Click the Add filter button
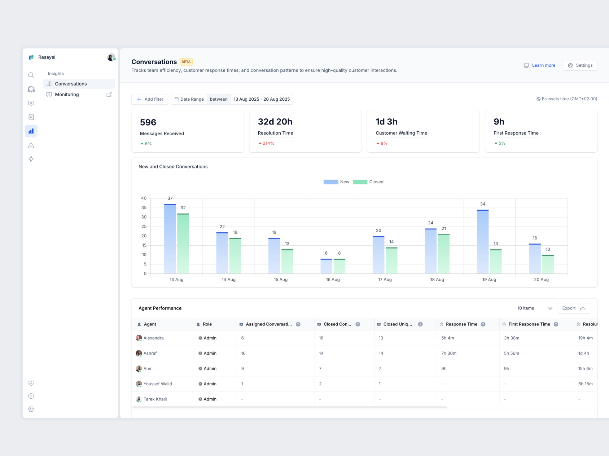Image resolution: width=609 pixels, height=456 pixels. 150,99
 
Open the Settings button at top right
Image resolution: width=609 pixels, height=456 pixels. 580,65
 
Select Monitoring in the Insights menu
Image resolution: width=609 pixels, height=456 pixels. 67,95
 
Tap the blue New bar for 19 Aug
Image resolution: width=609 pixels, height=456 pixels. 483,242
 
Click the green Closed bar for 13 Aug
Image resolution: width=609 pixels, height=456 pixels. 183,244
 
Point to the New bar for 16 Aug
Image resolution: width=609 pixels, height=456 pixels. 326,266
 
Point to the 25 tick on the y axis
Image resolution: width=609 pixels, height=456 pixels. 144,227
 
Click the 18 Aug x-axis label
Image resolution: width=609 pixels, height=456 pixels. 437,280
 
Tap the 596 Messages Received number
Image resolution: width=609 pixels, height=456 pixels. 148,122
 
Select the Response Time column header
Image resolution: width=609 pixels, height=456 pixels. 461,324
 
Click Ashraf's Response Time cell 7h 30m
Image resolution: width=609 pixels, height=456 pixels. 449,353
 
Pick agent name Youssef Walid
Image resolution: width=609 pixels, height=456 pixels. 158,384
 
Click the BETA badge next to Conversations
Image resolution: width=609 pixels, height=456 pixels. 186,62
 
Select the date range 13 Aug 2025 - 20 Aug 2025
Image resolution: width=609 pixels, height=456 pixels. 262,99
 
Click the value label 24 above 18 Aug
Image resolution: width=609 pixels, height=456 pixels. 430,223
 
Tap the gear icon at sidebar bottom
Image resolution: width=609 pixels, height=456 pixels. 31,409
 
